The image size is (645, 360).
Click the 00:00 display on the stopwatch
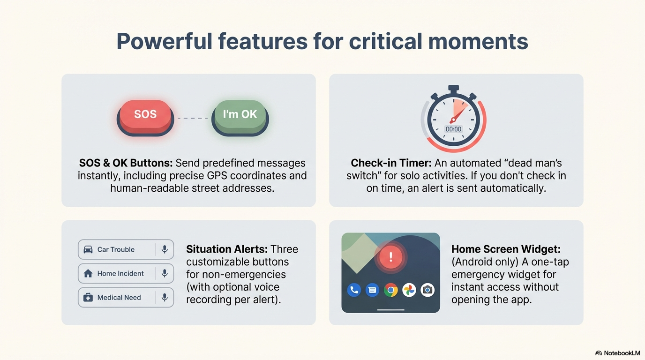pos(454,129)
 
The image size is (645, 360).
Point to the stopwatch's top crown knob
pos(454,89)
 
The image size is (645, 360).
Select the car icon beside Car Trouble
pos(88,249)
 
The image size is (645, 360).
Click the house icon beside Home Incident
pos(88,273)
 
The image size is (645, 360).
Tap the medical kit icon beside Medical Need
pos(88,297)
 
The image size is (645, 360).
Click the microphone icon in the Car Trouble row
pos(165,249)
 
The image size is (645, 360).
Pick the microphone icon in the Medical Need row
pos(165,297)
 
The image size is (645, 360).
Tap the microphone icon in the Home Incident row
pos(165,273)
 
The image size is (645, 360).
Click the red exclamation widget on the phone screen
pos(390,257)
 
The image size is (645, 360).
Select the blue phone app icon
pos(354,290)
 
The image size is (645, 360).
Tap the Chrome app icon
pos(391,290)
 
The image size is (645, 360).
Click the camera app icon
pos(427,290)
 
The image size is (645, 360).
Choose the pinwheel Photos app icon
pos(409,290)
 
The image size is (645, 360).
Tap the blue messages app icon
pos(372,290)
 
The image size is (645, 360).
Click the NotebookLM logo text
pos(622,353)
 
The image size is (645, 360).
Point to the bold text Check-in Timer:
pos(391,163)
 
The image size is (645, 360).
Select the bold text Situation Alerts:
pos(227,249)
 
